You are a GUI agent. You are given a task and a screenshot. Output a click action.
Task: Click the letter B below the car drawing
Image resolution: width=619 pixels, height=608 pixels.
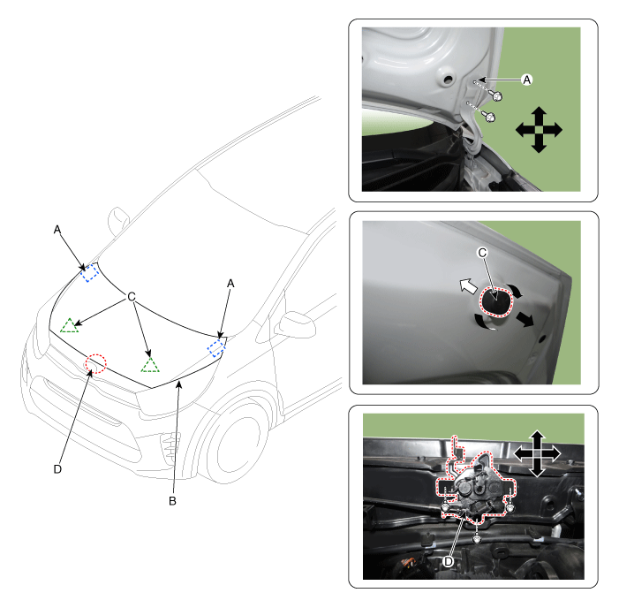pos(172,501)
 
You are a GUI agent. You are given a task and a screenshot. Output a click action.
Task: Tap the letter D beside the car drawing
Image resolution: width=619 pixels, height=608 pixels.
pos(57,469)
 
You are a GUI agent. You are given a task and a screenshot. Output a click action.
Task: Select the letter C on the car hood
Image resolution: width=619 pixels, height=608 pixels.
pos(132,296)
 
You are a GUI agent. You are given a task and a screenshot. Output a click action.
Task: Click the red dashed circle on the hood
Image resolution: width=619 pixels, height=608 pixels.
pos(96,363)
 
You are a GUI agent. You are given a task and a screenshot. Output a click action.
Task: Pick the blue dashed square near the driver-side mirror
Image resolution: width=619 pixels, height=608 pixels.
pos(216,347)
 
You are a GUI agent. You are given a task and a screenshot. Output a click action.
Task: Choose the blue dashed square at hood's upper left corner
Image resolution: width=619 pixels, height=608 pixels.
pos(90,272)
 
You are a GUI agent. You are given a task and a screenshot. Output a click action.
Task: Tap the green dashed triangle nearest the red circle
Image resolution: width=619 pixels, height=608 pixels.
pos(150,366)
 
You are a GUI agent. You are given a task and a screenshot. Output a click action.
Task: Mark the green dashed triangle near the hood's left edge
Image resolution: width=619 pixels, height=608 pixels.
pos(70,325)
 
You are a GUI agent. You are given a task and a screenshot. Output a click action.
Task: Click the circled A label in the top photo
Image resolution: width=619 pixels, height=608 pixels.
pos(526,80)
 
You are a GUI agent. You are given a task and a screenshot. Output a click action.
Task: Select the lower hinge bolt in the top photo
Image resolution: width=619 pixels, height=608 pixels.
pos(489,117)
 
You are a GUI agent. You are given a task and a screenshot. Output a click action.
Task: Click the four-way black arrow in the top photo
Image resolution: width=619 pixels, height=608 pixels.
pos(539,130)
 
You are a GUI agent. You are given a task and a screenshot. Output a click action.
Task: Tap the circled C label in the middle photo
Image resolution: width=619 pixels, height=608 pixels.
pos(482,253)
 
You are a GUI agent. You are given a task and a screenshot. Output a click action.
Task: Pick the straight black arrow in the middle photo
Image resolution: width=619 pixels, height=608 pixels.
pos(525,319)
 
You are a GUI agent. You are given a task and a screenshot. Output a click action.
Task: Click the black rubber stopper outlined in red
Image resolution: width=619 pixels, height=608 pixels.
pos(496,302)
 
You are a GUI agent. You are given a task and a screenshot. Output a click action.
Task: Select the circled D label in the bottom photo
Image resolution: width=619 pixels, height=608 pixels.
pos(449,561)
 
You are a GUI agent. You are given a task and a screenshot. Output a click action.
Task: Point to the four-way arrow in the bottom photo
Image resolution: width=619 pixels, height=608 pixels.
pos(537,453)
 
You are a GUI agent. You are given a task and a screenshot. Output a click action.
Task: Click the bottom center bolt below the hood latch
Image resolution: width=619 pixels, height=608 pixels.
pos(478,538)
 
